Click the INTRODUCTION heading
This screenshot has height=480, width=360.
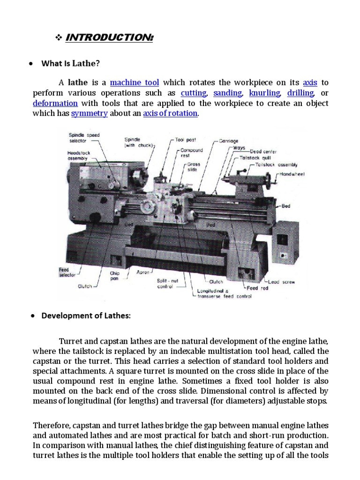tap(109, 37)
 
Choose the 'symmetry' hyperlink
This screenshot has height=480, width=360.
tap(90, 113)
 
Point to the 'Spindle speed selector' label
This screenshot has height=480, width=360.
tap(84, 138)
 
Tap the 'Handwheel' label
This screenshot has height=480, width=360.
tap(292, 174)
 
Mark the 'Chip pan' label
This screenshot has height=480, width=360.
tap(115, 276)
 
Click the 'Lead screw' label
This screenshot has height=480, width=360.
tap(281, 282)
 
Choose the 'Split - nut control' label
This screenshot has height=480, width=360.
tap(168, 283)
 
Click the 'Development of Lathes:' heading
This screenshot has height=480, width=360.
tap(86, 315)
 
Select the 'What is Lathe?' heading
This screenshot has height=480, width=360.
tap(71, 63)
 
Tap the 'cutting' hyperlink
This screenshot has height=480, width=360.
tap(194, 93)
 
